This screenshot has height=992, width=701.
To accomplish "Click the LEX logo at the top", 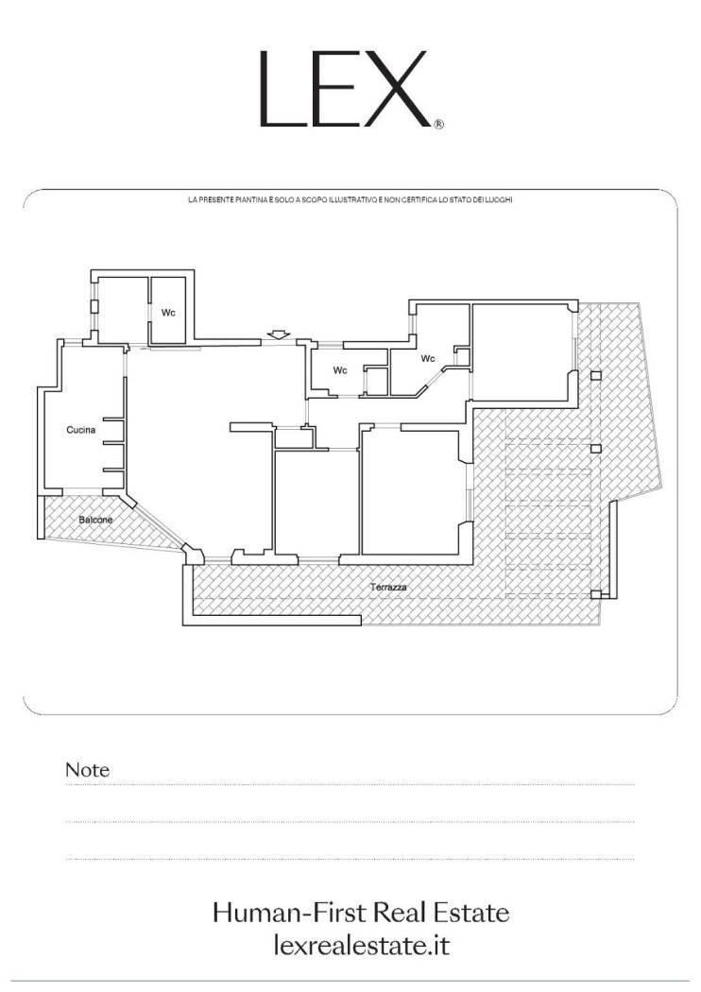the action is [345, 89].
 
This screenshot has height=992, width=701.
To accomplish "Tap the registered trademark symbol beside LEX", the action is [439, 125].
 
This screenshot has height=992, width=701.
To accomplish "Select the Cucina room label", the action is [81, 430].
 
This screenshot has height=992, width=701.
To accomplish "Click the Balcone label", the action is [95, 520].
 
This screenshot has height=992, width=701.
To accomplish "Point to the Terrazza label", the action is [388, 587].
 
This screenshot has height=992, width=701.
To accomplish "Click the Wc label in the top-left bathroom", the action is [167, 313].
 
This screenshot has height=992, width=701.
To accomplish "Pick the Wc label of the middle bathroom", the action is [340, 370].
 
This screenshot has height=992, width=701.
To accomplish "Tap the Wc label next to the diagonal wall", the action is [428, 359].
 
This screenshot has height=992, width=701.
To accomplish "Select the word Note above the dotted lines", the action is [87, 770].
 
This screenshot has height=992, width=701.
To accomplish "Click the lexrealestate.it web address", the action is [362, 946].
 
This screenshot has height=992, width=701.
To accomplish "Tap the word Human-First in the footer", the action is [290, 913].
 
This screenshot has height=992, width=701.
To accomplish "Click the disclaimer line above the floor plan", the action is [350, 200].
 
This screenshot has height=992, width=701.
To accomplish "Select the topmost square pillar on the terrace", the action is [595, 375].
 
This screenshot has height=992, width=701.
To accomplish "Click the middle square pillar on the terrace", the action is [595, 449].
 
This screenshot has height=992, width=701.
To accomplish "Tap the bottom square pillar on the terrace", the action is [595, 594].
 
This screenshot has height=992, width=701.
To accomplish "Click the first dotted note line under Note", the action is [350, 785].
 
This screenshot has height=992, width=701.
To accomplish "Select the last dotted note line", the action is [350, 859].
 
